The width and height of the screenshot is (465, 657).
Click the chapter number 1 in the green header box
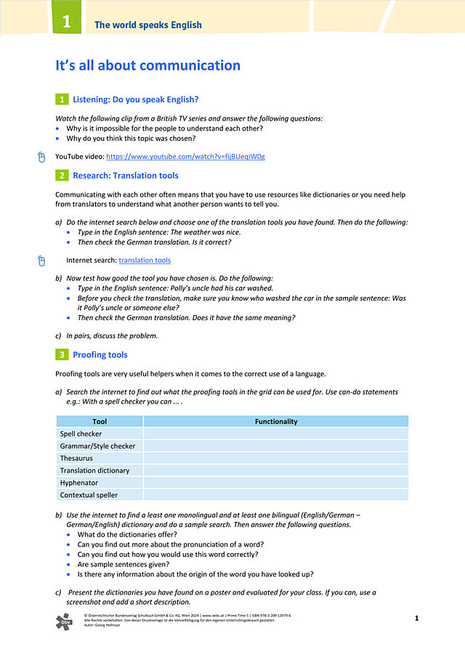(x=66, y=22)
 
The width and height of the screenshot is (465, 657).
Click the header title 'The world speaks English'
(x=148, y=25)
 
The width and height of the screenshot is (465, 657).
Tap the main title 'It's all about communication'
(x=147, y=65)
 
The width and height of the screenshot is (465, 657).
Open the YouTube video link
(x=185, y=156)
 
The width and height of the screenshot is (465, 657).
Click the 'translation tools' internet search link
(x=145, y=260)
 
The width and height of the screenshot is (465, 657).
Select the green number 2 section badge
(x=62, y=176)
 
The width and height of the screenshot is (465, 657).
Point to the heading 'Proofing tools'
(x=100, y=355)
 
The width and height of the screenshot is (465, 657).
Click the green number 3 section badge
(x=62, y=355)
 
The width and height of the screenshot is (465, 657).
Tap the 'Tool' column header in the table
(x=100, y=421)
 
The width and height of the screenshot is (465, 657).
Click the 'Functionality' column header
(x=276, y=421)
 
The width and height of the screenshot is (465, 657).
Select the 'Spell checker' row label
(x=81, y=433)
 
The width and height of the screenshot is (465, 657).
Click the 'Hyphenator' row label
(x=78, y=483)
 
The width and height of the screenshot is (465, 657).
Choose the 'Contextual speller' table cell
(x=89, y=495)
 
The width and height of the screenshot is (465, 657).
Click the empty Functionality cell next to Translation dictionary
(x=276, y=470)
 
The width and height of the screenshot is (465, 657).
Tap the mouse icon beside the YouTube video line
(x=41, y=156)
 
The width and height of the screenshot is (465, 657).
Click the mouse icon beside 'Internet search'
(x=41, y=260)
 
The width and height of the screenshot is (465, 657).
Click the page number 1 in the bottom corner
(x=417, y=619)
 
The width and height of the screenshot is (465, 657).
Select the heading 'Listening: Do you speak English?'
(x=136, y=99)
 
